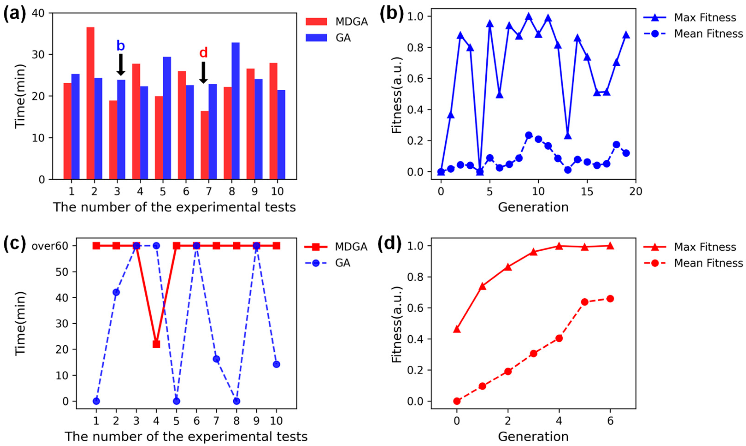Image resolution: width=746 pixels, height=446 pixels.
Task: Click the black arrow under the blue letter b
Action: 120,65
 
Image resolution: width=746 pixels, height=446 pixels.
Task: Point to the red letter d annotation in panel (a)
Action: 203,53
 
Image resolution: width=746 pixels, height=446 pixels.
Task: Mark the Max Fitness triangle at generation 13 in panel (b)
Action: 567,135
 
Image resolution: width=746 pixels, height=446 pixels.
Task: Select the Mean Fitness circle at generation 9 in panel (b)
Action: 529,135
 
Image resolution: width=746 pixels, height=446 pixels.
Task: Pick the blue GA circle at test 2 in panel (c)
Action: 116,292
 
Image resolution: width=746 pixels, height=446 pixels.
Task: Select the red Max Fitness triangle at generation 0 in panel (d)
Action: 457,329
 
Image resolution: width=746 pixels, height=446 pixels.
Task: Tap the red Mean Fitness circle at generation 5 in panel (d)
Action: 584,302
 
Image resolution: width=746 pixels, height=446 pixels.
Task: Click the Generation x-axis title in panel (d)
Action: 533,436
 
